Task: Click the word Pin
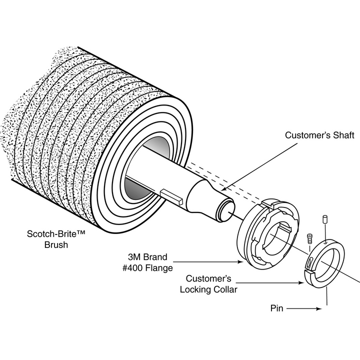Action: coord(277,308)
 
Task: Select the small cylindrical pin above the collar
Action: coord(325,219)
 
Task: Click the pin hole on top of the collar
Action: coord(325,241)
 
